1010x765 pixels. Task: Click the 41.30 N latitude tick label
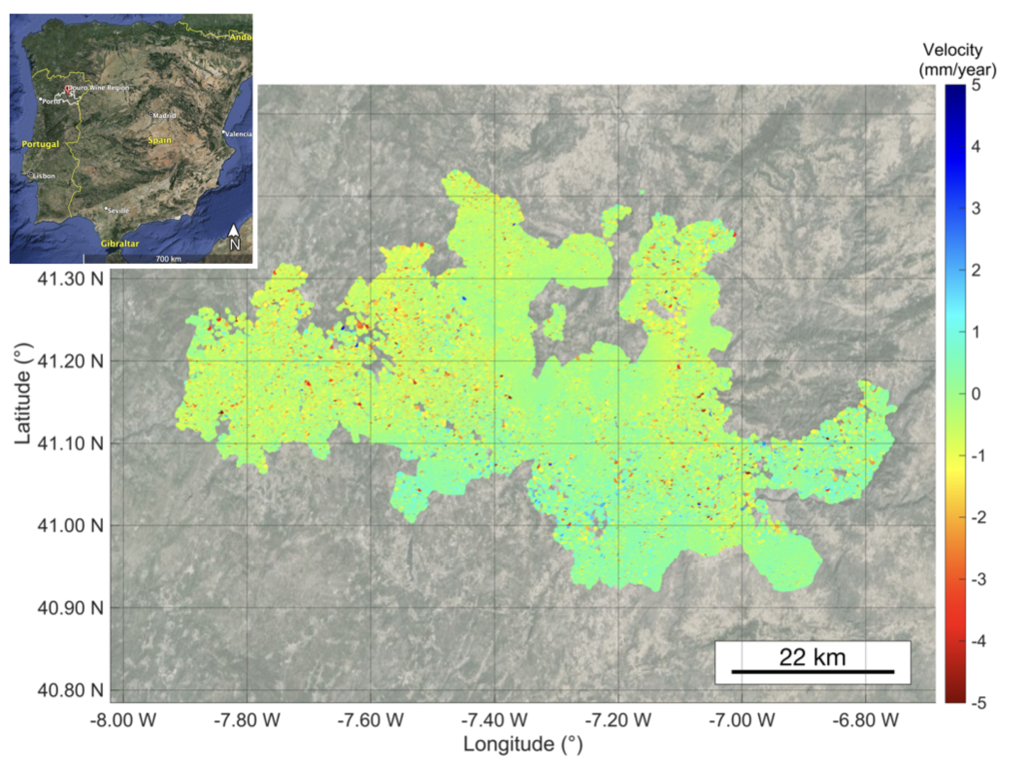(70, 279)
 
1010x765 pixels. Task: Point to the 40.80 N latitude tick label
(70, 690)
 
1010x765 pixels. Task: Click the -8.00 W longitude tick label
(123, 721)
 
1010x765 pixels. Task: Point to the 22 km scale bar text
(812, 657)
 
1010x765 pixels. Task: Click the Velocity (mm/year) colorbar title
(957, 60)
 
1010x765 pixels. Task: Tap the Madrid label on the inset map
(164, 115)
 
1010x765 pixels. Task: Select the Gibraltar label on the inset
(120, 244)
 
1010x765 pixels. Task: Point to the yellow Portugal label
(40, 144)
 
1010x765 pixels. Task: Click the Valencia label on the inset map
(238, 134)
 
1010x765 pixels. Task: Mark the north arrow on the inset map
(234, 237)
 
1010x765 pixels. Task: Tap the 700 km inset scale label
(168, 259)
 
